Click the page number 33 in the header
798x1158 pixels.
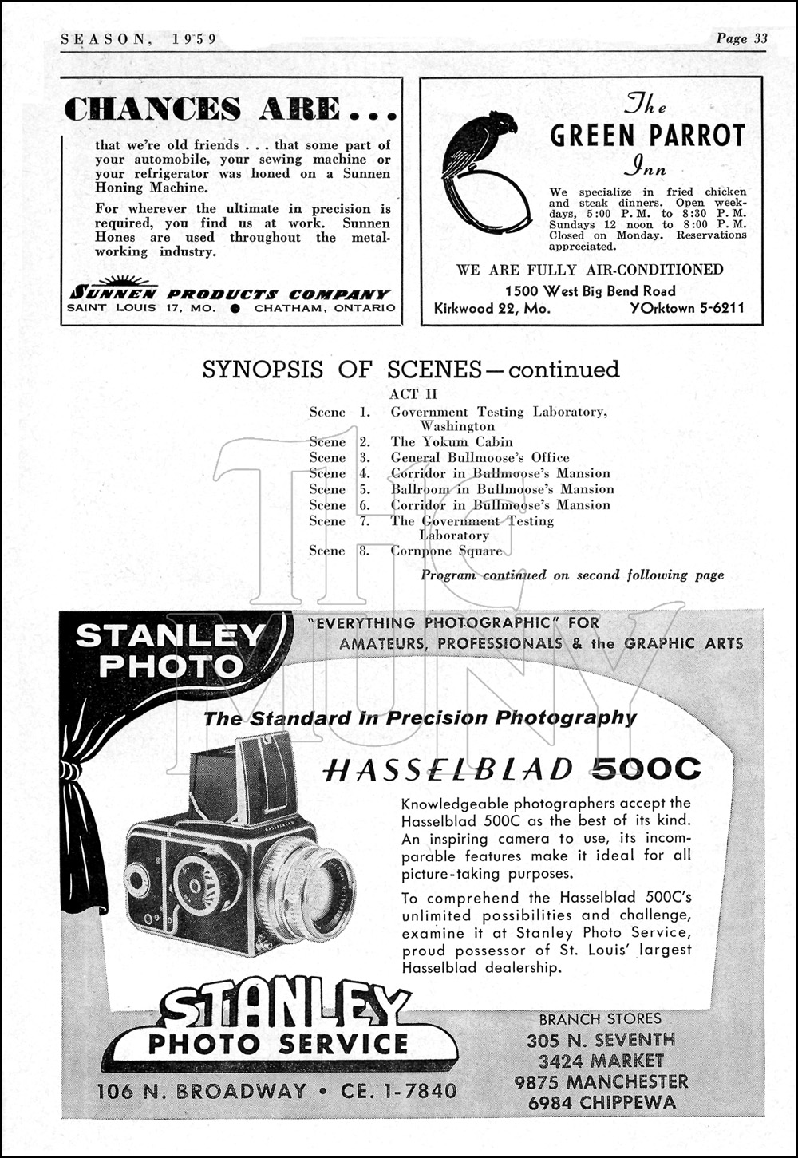[x=760, y=38]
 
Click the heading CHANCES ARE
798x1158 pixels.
[x=230, y=109]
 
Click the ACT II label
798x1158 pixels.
[x=413, y=394]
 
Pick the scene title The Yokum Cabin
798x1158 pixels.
[x=452, y=441]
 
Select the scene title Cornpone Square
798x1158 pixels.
[x=446, y=551]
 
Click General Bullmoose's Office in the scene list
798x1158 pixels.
[x=480, y=457]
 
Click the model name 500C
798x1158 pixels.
[x=647, y=769]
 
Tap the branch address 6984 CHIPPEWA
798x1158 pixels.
[x=601, y=1103]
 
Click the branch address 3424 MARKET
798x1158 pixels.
[x=601, y=1061]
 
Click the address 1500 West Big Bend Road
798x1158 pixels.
[x=590, y=291]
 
